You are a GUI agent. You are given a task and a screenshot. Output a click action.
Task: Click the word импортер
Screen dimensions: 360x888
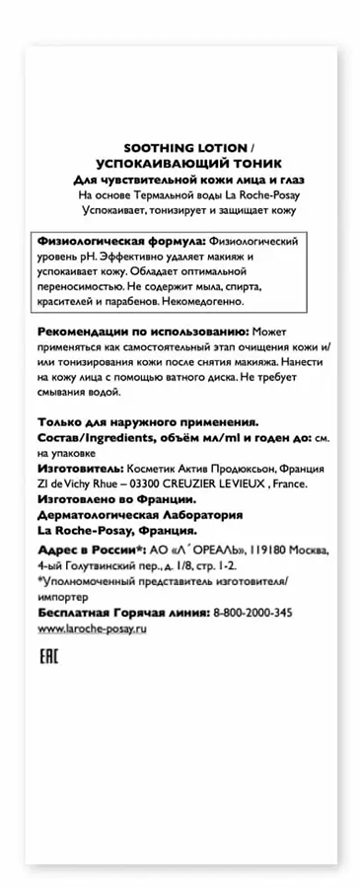61,596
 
